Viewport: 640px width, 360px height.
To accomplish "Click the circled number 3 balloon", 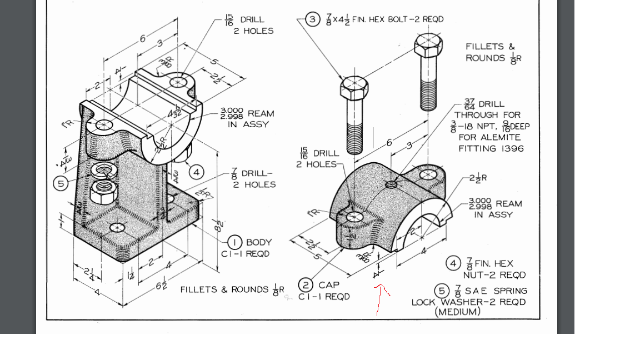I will [313, 19].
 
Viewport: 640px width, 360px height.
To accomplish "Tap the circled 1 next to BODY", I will [236, 242].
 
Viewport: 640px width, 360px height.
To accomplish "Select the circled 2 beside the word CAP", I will [306, 285].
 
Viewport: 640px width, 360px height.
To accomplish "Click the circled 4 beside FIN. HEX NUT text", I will [454, 263].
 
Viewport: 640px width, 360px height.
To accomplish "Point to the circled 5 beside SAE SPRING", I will [442, 291].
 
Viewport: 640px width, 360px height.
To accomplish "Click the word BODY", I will [259, 242].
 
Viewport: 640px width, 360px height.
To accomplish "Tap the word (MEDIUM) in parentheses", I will [458, 312].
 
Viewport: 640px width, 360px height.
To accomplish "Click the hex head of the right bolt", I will [428, 44].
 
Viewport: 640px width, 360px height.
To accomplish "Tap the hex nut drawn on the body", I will [103, 193].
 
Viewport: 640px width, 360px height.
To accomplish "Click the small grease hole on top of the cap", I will [392, 184].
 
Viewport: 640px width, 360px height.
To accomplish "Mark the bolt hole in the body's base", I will [117, 227].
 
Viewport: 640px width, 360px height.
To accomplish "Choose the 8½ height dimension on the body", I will [219, 226].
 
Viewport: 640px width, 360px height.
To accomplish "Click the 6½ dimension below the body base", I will [162, 286].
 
